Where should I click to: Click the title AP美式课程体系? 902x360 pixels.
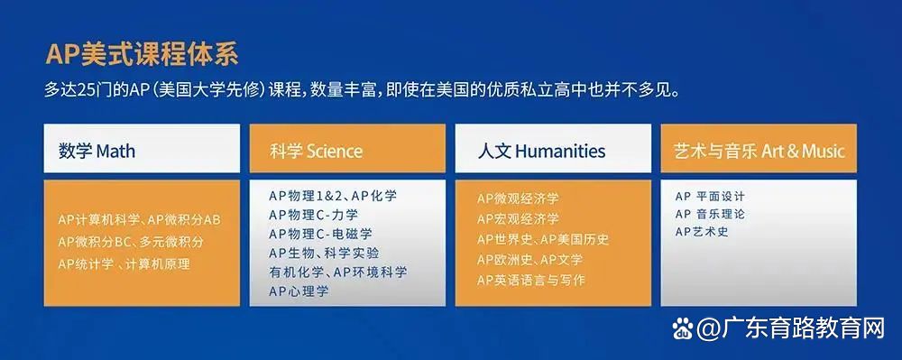pos(142,54)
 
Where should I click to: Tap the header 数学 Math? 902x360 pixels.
pos(97,150)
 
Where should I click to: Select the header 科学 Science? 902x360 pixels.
pos(316,151)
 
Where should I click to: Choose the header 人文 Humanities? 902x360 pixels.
pos(541,151)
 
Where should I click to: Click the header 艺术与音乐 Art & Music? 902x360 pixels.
pos(759,151)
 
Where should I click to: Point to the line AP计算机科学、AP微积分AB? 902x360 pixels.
pos(139,220)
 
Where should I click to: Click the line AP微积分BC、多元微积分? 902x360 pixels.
pos(131,242)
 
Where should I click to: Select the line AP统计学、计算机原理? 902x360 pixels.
pos(124,263)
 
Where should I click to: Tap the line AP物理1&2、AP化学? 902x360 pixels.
pos(332,195)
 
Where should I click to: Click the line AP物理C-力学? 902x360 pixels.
pos(313,214)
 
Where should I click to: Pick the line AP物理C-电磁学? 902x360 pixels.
pos(319,234)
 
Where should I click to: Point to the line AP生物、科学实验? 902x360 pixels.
pos(324,253)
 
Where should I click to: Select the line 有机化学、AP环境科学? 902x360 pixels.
pos(337,272)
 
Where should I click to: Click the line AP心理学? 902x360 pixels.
pos(299,291)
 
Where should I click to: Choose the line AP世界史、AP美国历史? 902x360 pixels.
pos(543,239)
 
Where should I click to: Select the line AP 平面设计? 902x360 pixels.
pos(710,196)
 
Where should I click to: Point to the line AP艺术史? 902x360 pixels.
pos(701,232)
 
